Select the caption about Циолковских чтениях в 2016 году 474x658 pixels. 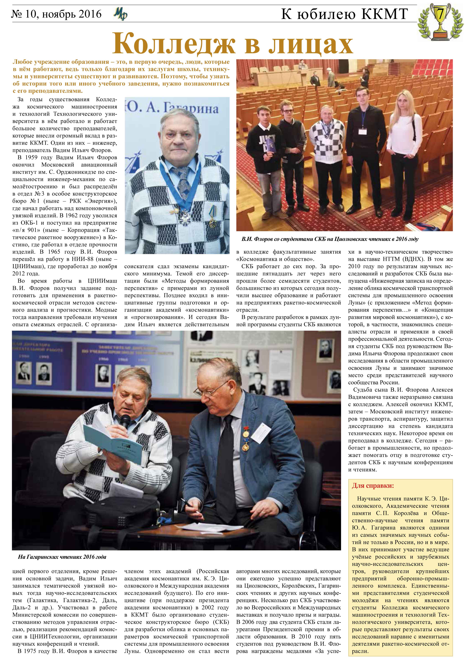(x=330, y=239)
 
